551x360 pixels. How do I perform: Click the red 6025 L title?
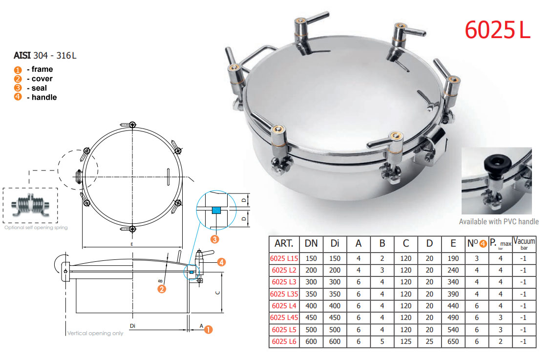497,30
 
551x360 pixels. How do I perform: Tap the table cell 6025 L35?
284,294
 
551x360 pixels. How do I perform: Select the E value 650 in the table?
453,341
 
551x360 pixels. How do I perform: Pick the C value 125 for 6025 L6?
405,341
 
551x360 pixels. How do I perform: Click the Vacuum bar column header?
524,244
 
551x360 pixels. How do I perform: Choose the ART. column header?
284,243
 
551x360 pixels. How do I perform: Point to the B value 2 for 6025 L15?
382,258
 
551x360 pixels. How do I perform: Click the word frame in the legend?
42,69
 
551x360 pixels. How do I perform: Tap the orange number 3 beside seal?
18,88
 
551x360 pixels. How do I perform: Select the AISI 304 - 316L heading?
45,56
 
